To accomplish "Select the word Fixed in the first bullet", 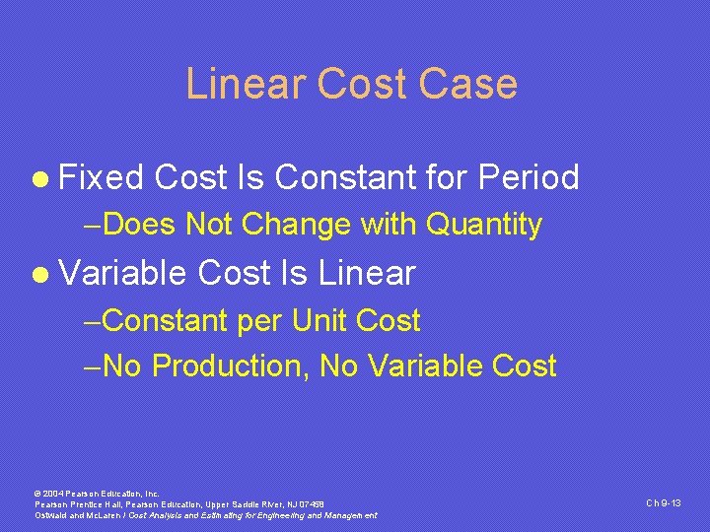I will (x=102, y=178).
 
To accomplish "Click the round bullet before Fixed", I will (x=39, y=179).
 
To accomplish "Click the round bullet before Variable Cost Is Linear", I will (x=39, y=274).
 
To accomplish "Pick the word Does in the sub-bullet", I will (x=139, y=226).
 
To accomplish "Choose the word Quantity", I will (x=483, y=226).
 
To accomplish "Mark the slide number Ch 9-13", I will (x=664, y=503).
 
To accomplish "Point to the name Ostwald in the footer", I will (x=50, y=515).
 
